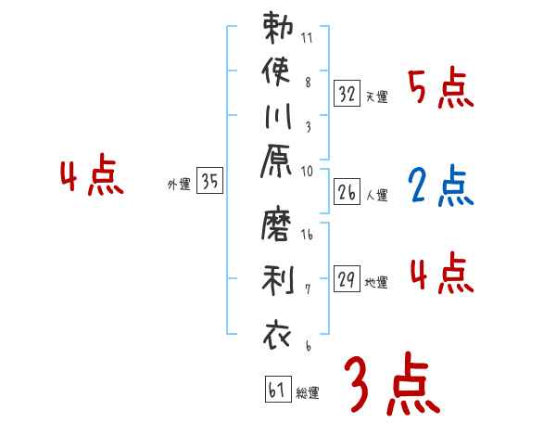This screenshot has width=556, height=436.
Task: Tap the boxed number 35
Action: click(x=209, y=182)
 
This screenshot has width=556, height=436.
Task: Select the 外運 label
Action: click(x=179, y=185)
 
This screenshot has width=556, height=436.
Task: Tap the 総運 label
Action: click(x=308, y=392)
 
